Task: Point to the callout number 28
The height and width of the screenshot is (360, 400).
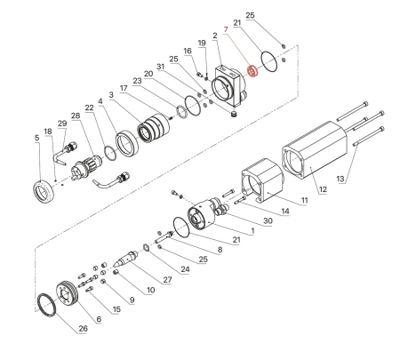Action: pyautogui.click(x=75, y=116)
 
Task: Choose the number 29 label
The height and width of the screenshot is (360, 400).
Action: pyautogui.click(x=61, y=123)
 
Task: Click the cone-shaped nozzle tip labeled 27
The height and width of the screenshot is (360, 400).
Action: pyautogui.click(x=132, y=258)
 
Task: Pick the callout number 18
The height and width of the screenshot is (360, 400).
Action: pyautogui.click(x=49, y=131)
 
